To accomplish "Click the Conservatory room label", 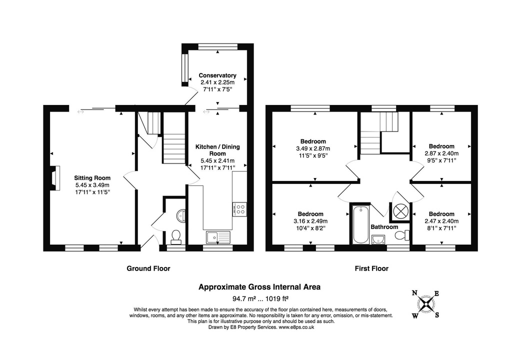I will (217, 75).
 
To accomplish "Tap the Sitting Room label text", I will (92, 177).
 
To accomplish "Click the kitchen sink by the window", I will (217, 236).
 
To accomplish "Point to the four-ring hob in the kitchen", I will (239, 208).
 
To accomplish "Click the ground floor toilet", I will (175, 235).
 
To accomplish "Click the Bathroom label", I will (384, 227).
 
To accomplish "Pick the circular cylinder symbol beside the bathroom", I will (400, 211).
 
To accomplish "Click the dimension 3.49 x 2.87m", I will (313, 148).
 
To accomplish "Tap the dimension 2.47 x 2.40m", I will (441, 221).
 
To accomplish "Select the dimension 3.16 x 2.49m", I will (310, 221).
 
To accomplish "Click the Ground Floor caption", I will (148, 268).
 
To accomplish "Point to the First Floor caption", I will (371, 268).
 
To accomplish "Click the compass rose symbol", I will (425, 304).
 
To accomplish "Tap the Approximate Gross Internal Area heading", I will (259, 287).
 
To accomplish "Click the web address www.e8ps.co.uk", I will (297, 327).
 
